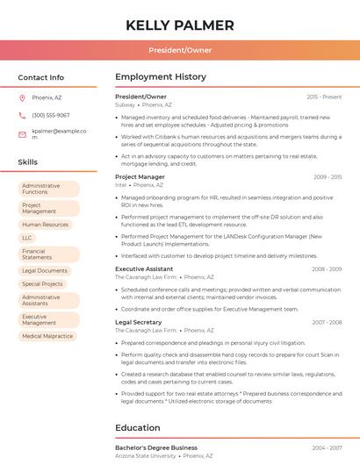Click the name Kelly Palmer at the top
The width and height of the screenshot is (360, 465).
coord(180,25)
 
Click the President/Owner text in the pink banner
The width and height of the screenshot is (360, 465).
coord(180,50)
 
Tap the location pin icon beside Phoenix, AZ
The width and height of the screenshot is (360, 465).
coord(22,97)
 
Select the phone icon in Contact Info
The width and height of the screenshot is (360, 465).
coord(22,115)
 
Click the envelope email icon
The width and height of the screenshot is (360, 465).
coord(22,134)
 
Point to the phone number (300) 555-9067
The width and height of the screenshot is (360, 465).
coord(51,115)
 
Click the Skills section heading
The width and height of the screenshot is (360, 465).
coord(28,162)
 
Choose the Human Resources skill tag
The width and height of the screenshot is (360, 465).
coord(46,225)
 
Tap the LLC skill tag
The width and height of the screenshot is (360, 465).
coord(27,238)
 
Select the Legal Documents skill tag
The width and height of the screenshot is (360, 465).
coord(46,271)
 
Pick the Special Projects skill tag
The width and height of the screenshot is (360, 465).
coord(43,284)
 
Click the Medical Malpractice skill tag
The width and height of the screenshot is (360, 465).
coord(47,336)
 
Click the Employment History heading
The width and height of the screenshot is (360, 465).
coord(160,77)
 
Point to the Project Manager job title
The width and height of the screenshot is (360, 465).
coord(140,177)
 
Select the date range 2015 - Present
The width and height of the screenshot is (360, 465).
coord(324,97)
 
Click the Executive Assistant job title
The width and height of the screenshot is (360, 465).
coord(144,268)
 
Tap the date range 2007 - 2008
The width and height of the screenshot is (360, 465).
coord(326,322)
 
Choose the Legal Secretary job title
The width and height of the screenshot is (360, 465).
coord(139,322)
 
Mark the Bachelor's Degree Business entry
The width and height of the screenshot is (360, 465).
coord(156,447)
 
